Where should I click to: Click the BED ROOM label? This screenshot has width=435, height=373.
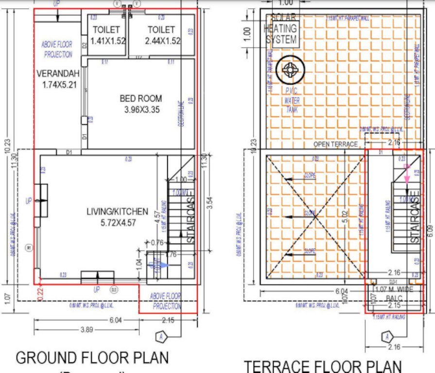click(141, 99)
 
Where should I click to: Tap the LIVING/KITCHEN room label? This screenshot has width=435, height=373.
click(117, 211)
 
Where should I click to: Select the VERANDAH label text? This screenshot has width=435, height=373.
click(54, 74)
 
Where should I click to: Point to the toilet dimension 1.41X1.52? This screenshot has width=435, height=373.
click(107, 41)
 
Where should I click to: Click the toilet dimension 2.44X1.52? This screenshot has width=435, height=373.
click(162, 41)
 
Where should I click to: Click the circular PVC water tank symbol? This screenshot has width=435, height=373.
click(290, 71)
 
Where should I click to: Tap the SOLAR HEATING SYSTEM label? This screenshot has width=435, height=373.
click(280, 29)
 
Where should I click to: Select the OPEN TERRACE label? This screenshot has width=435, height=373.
click(336, 144)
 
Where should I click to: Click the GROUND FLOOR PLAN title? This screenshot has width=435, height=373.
click(92, 358)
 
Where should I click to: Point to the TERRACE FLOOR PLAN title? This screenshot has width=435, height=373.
click(323, 366)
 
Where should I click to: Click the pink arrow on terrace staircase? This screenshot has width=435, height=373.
click(406, 173)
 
